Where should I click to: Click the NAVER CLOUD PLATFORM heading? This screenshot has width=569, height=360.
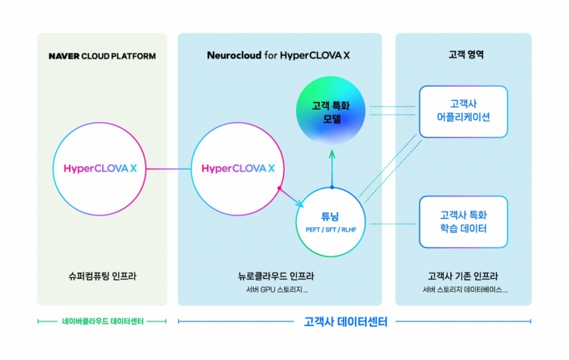102,56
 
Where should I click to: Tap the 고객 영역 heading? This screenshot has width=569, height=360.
463,56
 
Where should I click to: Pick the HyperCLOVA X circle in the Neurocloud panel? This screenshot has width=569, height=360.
238,168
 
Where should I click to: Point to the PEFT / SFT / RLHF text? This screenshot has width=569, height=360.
331,229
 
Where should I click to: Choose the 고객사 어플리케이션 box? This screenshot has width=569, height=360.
463,111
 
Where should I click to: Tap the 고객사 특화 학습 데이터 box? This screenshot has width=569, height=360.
463,222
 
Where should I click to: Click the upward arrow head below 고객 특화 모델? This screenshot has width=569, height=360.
331,152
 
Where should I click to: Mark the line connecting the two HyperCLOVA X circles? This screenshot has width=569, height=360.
168,168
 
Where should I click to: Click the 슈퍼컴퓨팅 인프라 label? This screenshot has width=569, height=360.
102,276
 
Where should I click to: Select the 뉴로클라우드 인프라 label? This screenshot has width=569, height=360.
279,276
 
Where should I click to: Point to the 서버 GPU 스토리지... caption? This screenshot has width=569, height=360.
279,290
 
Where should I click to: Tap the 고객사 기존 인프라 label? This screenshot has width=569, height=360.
463,276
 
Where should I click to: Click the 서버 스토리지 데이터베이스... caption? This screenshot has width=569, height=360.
463,290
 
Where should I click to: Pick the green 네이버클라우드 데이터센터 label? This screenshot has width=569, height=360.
102,321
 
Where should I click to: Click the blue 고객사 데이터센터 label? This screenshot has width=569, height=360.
346,322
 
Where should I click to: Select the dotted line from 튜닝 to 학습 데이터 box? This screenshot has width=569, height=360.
393,224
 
